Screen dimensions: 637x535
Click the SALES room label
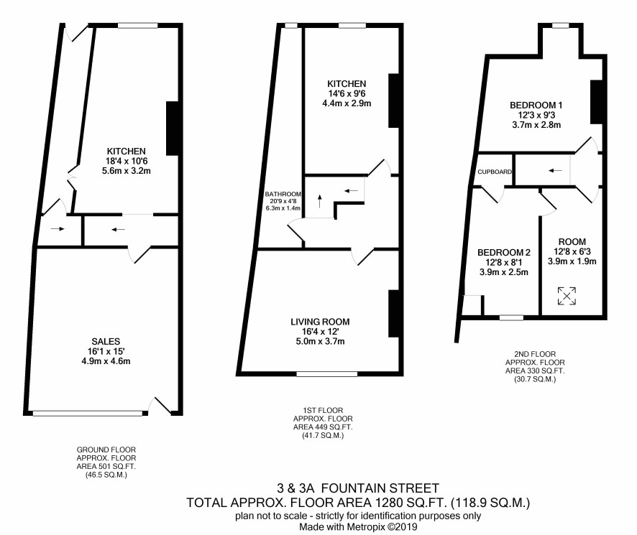pos(106,341)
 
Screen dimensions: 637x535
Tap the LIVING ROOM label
pos(320,322)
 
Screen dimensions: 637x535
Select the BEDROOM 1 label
pos(536,105)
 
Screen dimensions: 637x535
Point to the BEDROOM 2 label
pos(504,253)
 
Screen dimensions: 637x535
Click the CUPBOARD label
pos(495,172)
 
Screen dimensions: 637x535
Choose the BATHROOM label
pos(283,194)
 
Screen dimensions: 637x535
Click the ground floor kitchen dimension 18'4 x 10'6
pos(127,161)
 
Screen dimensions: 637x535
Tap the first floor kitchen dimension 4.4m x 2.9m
pos(347,103)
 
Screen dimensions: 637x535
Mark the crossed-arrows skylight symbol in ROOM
pos(567,296)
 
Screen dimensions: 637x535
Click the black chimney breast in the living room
pos(394,313)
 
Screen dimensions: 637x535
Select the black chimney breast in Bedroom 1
pos(595,102)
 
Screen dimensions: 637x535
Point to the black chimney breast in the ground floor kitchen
pos(173,129)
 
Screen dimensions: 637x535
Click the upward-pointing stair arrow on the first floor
pos(320,201)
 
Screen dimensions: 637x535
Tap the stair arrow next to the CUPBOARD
pos(555,170)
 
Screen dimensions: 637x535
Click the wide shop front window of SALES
pos(88,413)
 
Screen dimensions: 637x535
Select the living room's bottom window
pos(327,374)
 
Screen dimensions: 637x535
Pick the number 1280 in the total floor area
pos(388,503)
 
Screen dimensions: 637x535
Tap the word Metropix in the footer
pos(365,527)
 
